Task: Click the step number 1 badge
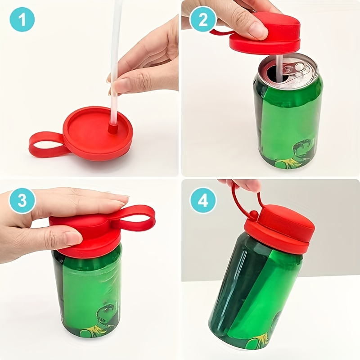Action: pyautogui.click(x=22, y=20)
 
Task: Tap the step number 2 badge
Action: pyautogui.click(x=203, y=20)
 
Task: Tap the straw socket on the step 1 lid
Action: pyautogui.click(x=112, y=127)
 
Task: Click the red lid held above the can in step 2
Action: pyautogui.click(x=265, y=33)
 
